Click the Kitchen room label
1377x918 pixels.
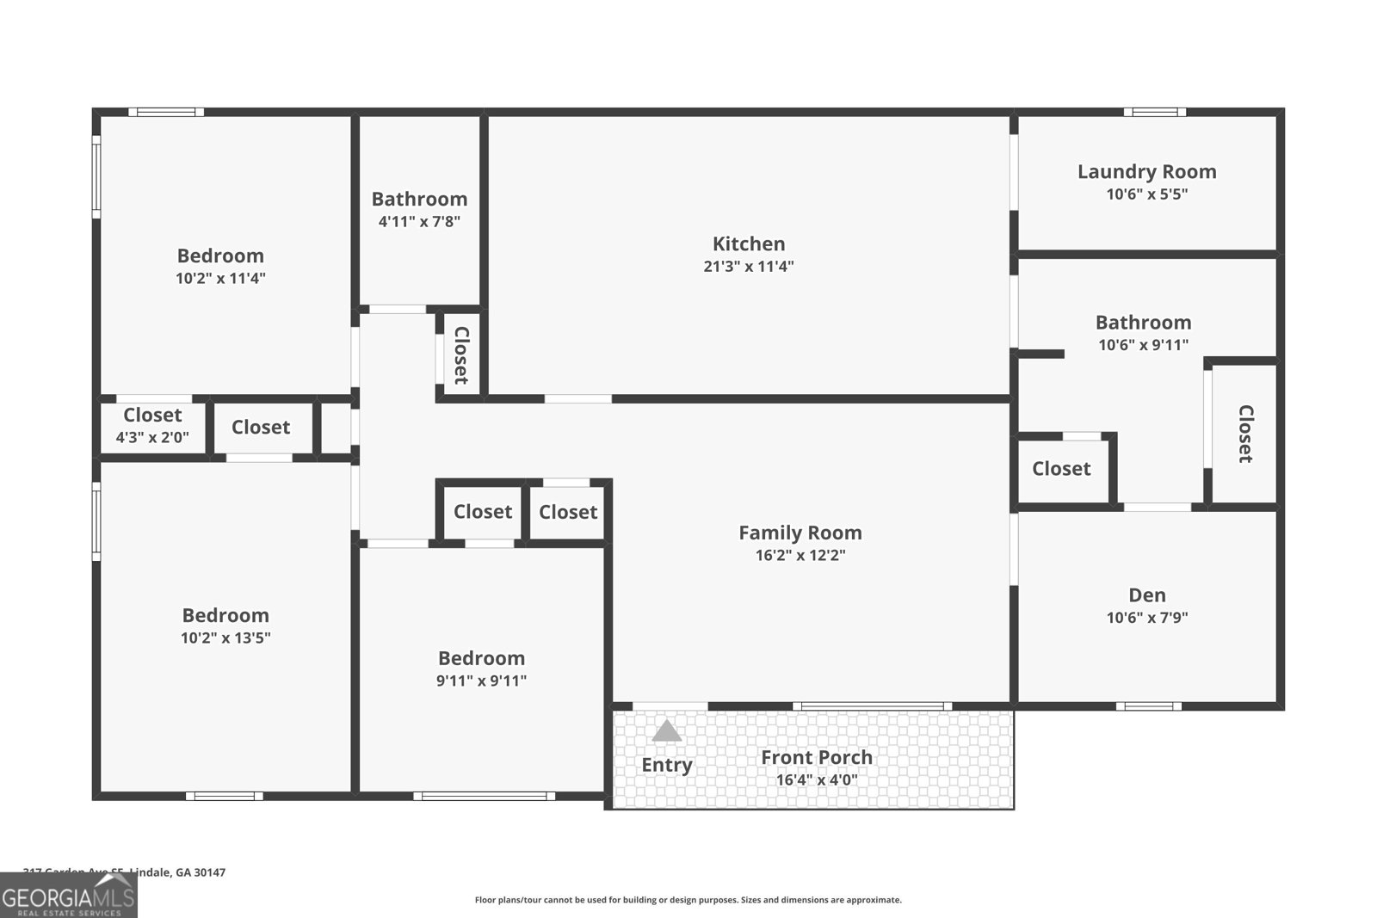[748, 243]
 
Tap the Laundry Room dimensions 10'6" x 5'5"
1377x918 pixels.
[1146, 194]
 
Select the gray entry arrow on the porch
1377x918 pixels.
[666, 731]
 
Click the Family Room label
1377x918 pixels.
[800, 533]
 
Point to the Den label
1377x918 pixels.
[1146, 595]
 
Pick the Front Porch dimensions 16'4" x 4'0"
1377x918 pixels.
[816, 780]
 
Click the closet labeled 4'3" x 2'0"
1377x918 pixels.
[152, 426]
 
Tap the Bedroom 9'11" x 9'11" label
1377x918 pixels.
[481, 658]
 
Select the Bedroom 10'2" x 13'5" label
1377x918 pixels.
[225, 615]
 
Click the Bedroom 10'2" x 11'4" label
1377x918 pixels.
[220, 256]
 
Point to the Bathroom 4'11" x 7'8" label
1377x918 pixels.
[419, 199]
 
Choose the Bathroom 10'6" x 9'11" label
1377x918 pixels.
[1143, 323]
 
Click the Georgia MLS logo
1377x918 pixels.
[69, 896]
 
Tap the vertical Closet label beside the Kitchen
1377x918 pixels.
[461, 354]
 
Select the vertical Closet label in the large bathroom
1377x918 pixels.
[1244, 434]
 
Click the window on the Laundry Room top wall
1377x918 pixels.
[1154, 112]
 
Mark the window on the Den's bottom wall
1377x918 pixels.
[1149, 706]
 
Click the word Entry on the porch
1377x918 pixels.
[666, 765]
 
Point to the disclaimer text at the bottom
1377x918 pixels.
[688, 900]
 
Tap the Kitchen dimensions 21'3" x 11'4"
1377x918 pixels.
[748, 267]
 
